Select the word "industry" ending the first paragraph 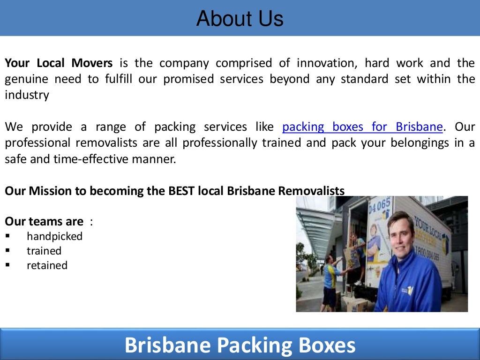tap(27, 95)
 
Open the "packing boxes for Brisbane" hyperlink tap(362, 127)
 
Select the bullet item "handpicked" tap(54, 236)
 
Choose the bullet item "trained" tap(44, 251)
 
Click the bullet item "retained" tap(47, 265)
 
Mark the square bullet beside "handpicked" tap(8, 236)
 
